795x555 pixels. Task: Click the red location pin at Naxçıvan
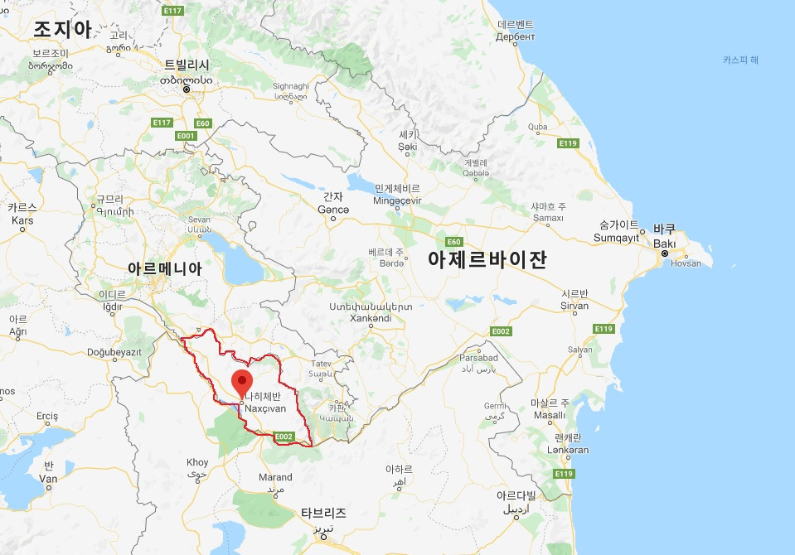pos(242,384)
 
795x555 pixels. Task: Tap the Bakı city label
pos(665,244)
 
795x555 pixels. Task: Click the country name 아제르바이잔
pos(487,259)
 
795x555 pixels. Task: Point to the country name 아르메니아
pos(164,269)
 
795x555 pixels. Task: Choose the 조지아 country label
pos(62,29)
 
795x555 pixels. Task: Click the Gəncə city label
pos(332,210)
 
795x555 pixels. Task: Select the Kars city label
pos(22,220)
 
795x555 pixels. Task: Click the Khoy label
pos(198,462)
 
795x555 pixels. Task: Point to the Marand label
pos(275,477)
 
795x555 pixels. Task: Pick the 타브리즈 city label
pos(324,514)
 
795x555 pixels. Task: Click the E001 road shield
pos(186,136)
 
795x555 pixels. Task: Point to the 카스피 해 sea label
pos(740,60)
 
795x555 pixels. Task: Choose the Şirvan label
pos(574,306)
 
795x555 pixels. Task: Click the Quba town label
pos(538,127)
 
